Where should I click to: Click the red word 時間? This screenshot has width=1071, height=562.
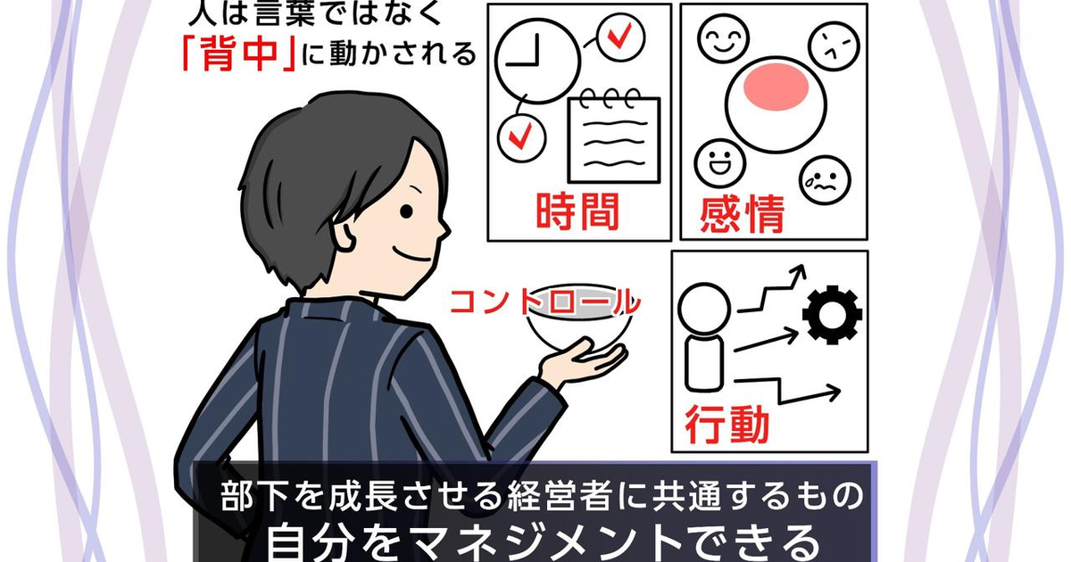click(577, 211)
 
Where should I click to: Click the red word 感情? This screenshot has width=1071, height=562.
click(742, 213)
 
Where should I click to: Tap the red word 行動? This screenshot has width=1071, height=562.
click(727, 425)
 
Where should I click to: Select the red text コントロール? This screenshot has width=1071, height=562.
click(545, 302)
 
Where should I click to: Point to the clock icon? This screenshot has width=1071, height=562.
click(537, 61)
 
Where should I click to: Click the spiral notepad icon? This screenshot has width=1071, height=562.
click(614, 136)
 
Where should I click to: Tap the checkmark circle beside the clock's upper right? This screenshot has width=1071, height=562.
click(621, 37)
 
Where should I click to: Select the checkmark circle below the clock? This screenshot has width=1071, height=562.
click(521, 137)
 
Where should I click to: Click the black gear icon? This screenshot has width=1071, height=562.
click(833, 315)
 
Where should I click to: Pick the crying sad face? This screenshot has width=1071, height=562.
click(825, 180)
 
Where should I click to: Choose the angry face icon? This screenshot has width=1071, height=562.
click(834, 46)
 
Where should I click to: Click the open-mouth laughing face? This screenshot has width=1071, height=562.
click(719, 163)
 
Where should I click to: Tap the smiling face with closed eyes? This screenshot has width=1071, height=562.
click(723, 38)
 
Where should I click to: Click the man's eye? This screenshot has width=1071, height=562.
click(406, 211)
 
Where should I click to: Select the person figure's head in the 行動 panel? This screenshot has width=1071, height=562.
click(704, 309)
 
